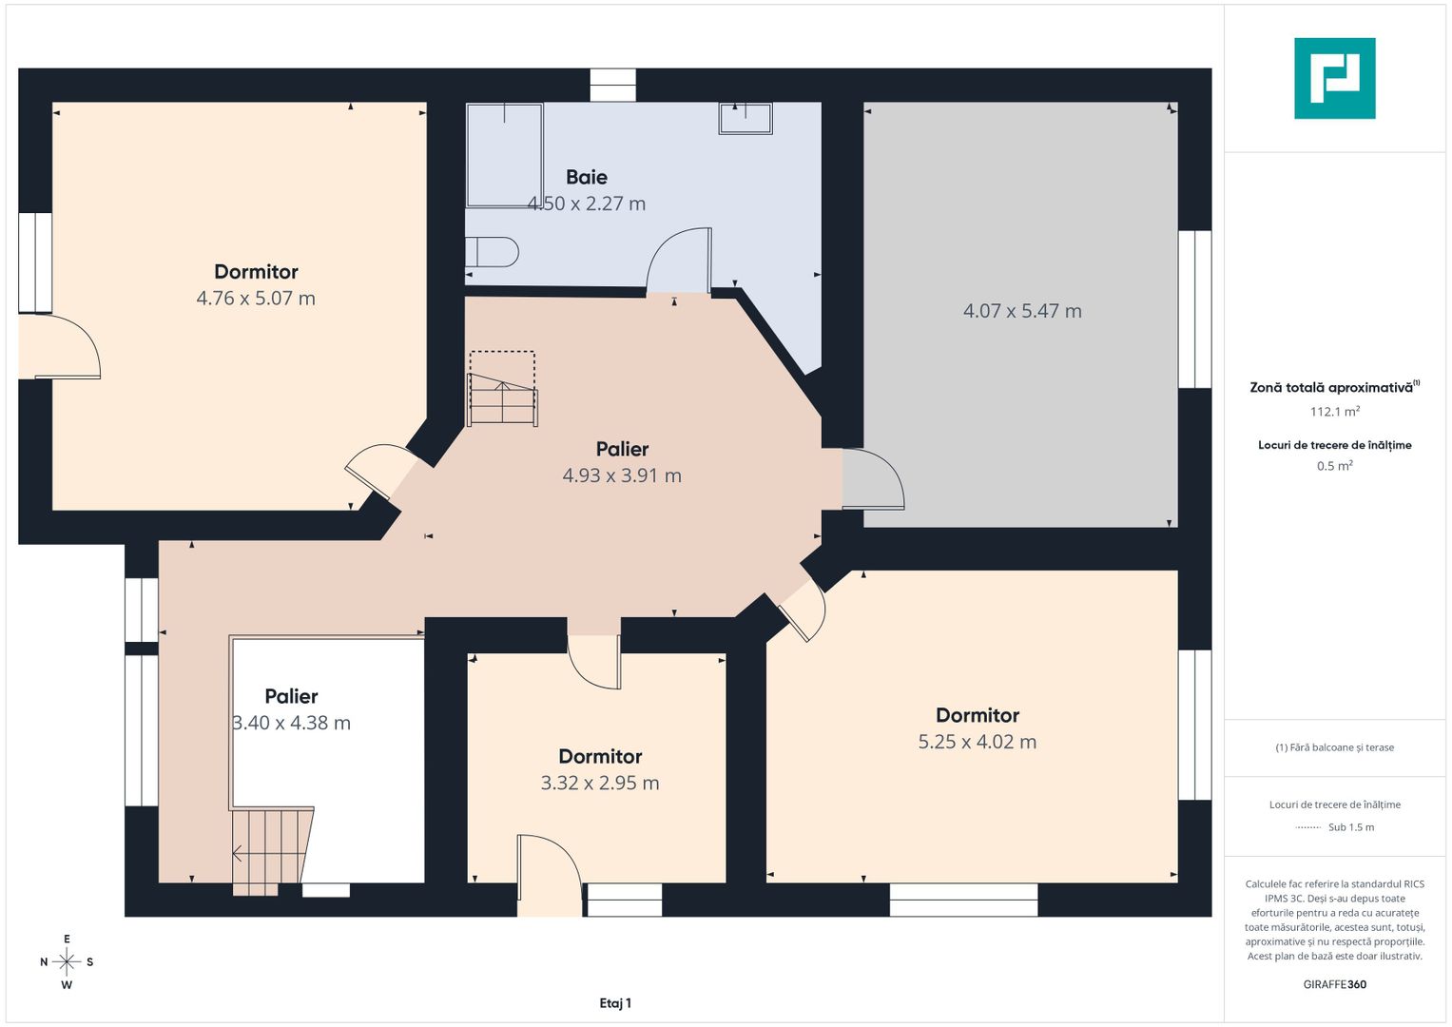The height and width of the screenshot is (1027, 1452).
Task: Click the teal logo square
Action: (1335, 78)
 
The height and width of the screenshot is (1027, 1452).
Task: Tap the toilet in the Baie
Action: (492, 252)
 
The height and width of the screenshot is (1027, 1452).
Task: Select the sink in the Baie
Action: (745, 118)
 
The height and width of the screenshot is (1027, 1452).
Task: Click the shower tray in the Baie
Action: (504, 155)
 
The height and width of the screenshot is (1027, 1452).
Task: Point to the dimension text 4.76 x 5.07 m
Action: (256, 299)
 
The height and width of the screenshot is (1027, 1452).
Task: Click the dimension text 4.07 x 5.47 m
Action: (1022, 311)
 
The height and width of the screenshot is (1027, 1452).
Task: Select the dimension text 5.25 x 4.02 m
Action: (978, 742)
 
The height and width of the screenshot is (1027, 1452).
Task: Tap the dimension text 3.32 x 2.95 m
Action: (600, 784)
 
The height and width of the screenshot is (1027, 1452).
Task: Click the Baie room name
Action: (587, 177)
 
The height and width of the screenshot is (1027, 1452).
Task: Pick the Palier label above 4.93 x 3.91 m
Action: (622, 449)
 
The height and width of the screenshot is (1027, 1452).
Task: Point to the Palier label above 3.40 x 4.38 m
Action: (292, 696)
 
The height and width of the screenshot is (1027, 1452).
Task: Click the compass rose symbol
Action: (67, 961)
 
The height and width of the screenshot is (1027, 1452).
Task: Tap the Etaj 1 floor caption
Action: (615, 1003)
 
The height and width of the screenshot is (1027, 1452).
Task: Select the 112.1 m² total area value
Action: (1335, 412)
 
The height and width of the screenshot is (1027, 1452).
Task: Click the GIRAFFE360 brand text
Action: (1335, 984)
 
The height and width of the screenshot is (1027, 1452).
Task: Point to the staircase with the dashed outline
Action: (502, 389)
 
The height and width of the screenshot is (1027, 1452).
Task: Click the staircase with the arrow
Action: (272, 851)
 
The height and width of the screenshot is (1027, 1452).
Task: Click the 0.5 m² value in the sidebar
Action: (1335, 466)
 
